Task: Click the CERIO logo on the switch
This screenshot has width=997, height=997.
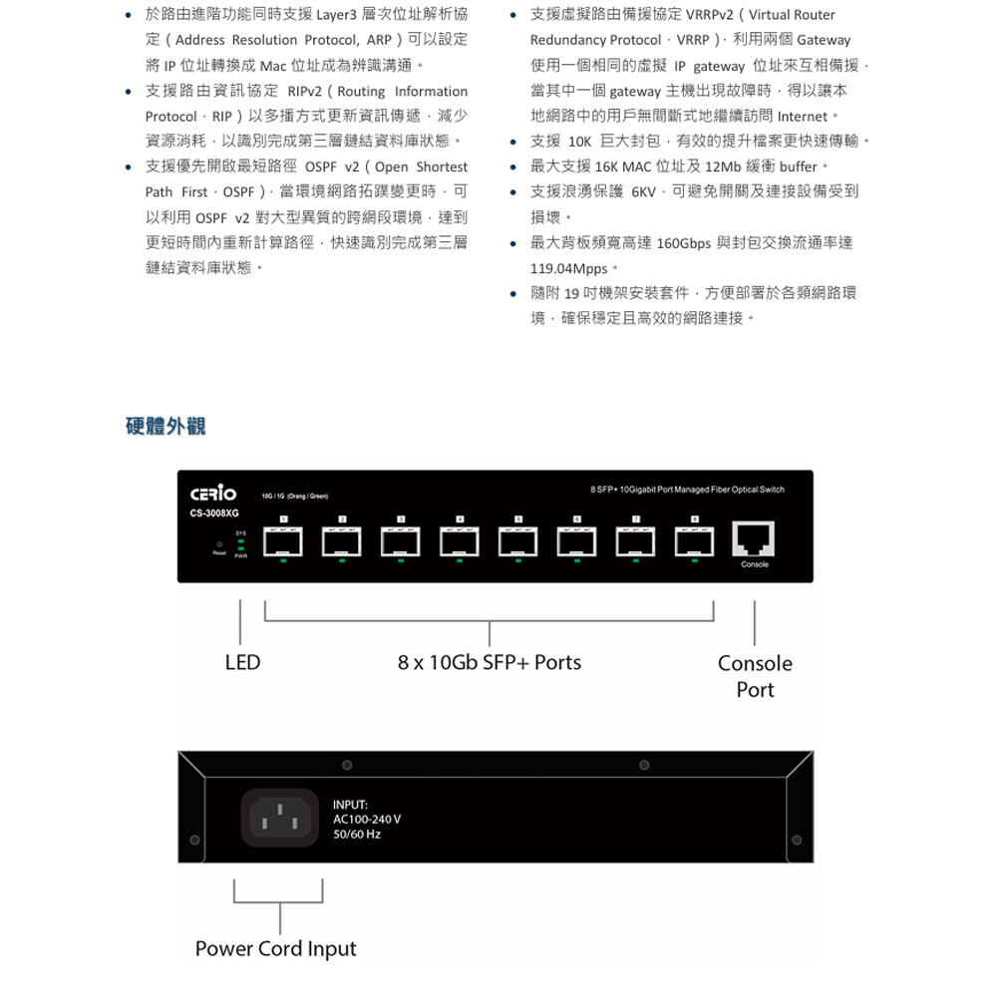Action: [213, 494]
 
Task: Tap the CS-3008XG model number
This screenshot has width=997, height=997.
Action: [214, 513]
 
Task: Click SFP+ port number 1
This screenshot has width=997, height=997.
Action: [284, 541]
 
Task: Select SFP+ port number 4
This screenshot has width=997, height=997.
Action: [459, 541]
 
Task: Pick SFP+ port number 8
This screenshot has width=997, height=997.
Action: [694, 541]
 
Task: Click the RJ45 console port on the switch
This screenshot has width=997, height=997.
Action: [755, 539]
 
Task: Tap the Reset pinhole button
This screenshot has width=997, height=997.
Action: [218, 545]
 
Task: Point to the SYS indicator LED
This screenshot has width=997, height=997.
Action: [241, 541]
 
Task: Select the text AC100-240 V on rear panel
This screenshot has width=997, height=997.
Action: [367, 819]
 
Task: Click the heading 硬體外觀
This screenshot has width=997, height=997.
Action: [166, 427]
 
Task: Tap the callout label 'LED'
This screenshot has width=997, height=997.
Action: [242, 663]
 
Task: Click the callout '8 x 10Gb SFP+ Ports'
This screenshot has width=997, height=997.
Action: [489, 663]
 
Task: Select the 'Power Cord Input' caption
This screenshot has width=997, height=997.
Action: [275, 948]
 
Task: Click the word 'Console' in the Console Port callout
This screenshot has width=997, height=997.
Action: [755, 664]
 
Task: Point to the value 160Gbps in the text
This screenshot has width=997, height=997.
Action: [683, 243]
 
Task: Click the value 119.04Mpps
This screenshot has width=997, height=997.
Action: [568, 268]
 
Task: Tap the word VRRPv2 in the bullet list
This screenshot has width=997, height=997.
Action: [710, 15]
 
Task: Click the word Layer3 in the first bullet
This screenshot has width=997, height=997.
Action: [343, 15]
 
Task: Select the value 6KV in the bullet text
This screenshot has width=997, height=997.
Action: [643, 191]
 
